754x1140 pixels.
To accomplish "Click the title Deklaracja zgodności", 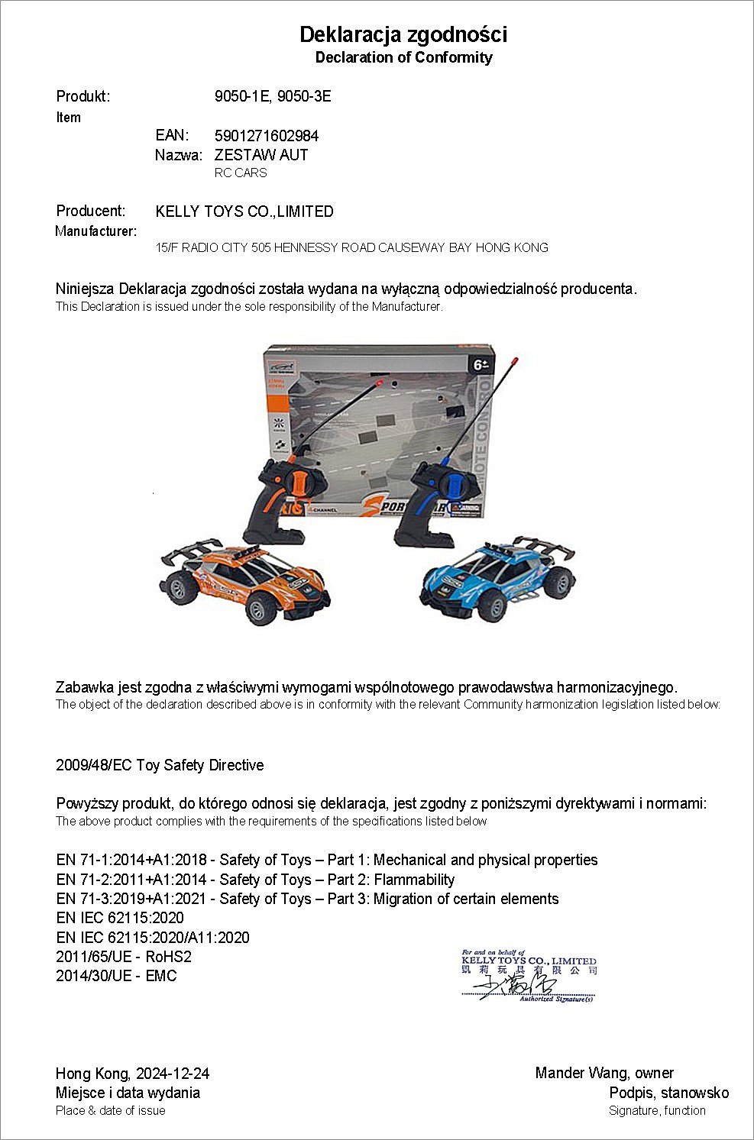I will tap(403, 34).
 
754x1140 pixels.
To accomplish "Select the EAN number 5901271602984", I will tap(267, 136).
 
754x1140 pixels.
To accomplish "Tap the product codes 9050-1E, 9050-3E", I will tap(273, 96).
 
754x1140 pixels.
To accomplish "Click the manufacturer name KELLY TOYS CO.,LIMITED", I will tap(244, 212).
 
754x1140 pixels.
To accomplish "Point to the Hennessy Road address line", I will tap(351, 247).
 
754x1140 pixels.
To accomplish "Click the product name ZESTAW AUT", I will tap(261, 155).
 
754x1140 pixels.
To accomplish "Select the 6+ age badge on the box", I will tap(481, 365).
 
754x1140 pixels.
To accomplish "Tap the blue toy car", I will tap(497, 580).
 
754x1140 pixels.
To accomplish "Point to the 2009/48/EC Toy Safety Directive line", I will tap(160, 765).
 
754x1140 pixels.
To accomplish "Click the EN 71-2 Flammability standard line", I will tap(255, 880).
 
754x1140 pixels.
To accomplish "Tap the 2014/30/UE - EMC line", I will tap(116, 976).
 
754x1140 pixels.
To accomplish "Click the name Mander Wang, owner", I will tap(604, 1074).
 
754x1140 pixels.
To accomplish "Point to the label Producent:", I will tap(91, 211).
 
